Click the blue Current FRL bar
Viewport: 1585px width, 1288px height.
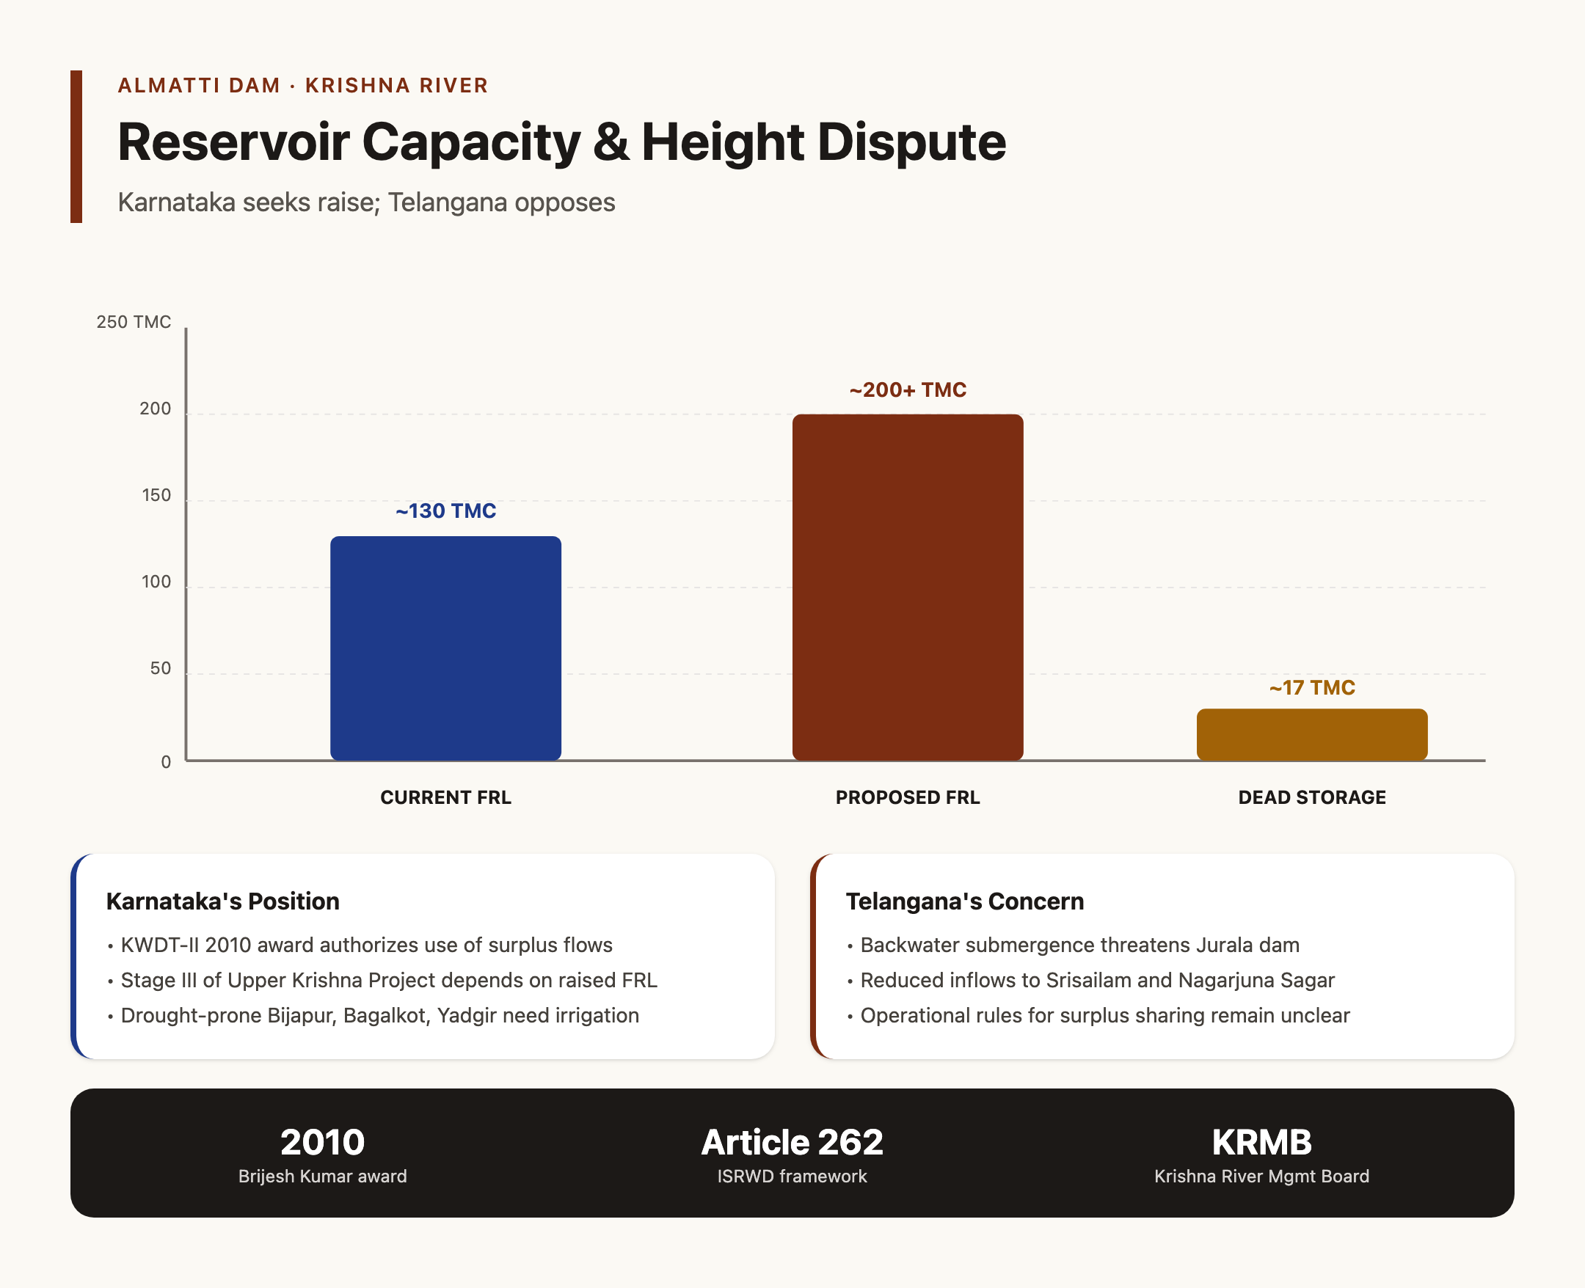tap(445, 648)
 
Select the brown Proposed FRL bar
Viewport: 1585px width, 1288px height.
tap(908, 587)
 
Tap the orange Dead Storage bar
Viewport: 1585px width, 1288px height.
tap(1312, 734)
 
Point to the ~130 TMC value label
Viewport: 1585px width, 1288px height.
tap(445, 511)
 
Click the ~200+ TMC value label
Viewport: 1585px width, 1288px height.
tap(908, 390)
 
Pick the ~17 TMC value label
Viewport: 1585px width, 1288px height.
tap(1312, 688)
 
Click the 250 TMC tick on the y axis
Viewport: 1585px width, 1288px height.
tap(134, 322)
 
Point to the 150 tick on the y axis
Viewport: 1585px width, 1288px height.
tap(156, 496)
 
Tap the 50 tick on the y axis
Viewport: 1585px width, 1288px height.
tap(160, 668)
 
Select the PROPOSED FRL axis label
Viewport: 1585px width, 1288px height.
tap(908, 797)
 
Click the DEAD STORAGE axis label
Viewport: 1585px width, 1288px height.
tap(1312, 797)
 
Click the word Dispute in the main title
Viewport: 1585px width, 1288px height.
tap(911, 142)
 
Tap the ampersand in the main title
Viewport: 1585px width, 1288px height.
tap(611, 142)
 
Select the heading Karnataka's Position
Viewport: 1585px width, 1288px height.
tap(222, 901)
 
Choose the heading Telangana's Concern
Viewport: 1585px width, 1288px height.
tap(965, 901)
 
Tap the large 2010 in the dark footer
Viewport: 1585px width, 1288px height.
tap(322, 1143)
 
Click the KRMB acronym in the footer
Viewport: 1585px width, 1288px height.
tap(1261, 1143)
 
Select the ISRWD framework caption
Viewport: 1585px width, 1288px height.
tap(792, 1177)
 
